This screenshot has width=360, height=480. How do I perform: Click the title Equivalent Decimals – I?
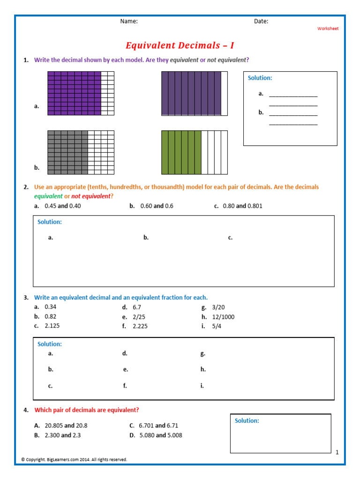(180, 45)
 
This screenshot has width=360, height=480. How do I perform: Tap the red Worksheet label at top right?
(328, 29)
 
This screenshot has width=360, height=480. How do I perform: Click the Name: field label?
(129, 21)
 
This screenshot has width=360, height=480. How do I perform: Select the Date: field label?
(261, 21)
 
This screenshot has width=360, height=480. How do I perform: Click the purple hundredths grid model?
(81, 93)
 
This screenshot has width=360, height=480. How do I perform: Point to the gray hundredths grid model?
(81, 152)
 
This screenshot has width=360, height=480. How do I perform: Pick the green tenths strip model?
(195, 152)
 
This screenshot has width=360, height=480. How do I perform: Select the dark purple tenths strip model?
(195, 93)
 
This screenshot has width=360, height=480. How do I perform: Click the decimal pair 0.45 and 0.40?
(62, 206)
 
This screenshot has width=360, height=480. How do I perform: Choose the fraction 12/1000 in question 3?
(223, 317)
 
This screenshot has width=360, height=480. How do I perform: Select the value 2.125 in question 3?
(52, 326)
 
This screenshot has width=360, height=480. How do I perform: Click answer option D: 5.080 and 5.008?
(161, 435)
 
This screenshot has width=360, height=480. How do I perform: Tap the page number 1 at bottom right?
(337, 452)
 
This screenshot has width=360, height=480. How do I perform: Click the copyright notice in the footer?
(74, 459)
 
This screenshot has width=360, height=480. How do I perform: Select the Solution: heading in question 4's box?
(247, 421)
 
